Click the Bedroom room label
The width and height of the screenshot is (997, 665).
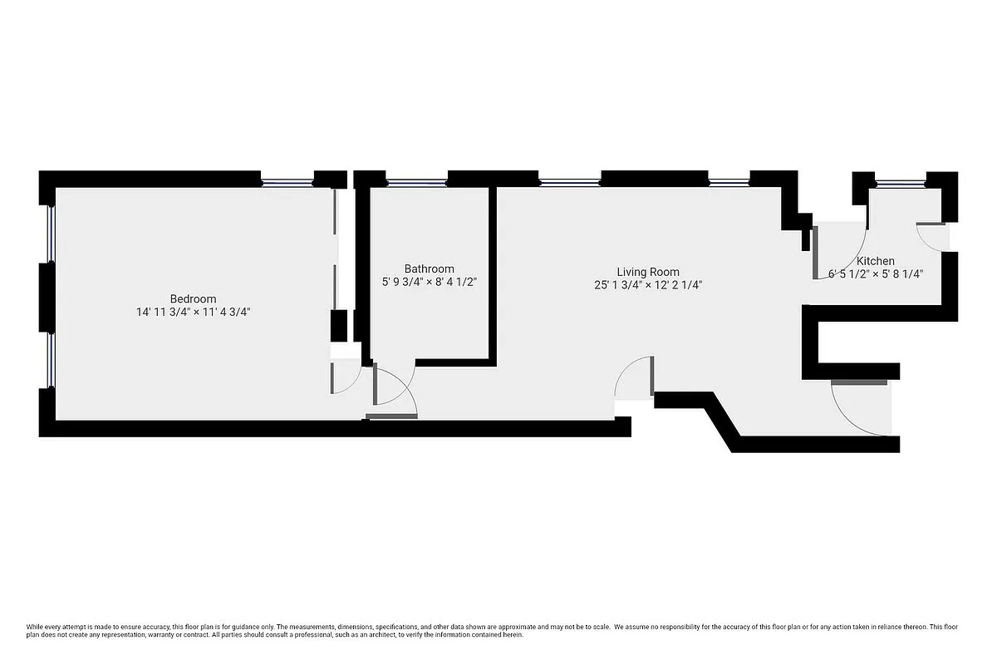click(x=193, y=298)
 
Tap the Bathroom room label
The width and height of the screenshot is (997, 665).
click(x=429, y=268)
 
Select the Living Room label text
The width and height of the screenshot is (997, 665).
click(x=647, y=272)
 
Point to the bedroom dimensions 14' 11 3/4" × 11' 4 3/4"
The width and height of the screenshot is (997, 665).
click(x=193, y=313)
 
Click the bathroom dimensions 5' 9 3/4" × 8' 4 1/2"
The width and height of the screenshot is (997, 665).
click(x=429, y=282)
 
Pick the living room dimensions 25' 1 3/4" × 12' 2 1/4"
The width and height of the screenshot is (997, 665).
click(x=647, y=285)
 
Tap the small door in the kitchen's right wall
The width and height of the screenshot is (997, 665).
click(x=932, y=234)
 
